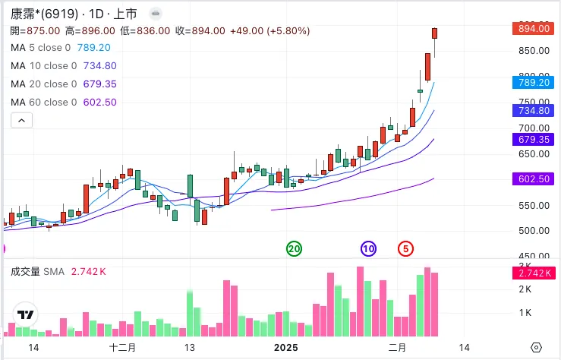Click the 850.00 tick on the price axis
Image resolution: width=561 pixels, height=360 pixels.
coord(533,50)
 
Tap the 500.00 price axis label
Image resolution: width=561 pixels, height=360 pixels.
coord(533,231)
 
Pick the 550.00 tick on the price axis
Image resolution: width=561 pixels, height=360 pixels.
coord(533,205)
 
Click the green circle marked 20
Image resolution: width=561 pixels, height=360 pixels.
coord(294,248)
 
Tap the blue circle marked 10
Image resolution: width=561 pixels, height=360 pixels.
coord(368,248)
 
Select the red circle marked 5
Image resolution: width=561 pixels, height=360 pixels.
coord(406,248)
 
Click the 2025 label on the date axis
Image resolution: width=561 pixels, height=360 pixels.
coord(286,347)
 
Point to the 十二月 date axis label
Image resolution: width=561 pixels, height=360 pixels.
coord(122,347)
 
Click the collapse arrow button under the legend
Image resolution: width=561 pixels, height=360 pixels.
coord(21,120)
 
